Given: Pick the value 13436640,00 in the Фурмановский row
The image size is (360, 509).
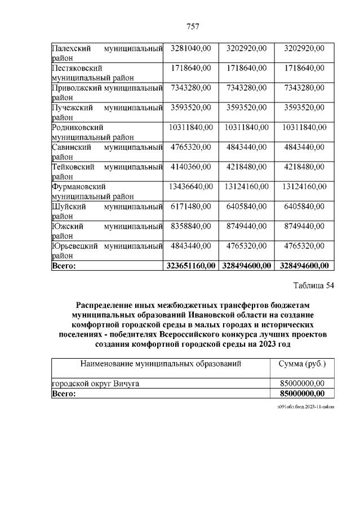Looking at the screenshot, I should tap(190, 186).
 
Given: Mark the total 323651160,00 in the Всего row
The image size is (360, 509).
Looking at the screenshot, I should tap(190, 265).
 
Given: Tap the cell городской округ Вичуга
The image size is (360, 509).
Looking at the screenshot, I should tap(96, 383).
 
